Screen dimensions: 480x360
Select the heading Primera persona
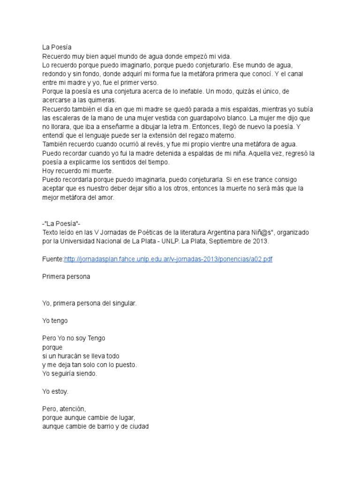tap(66, 277)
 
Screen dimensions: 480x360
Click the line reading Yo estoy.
tap(55, 391)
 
